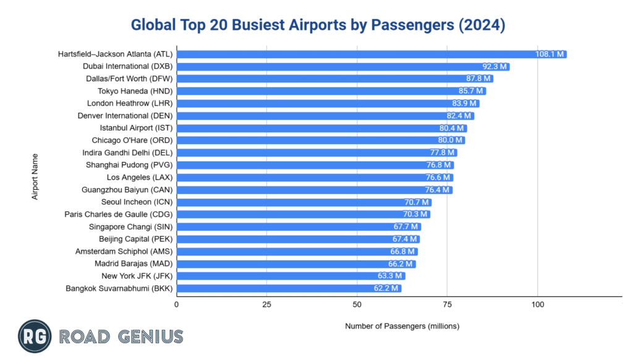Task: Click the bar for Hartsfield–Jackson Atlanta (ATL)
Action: [x=371, y=54]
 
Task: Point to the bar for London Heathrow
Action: [x=328, y=103]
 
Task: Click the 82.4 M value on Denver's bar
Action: [x=459, y=116]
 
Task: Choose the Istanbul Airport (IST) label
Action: [x=136, y=128]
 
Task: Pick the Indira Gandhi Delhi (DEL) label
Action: [x=127, y=153]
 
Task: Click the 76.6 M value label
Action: [x=438, y=178]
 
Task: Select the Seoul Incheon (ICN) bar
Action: [x=303, y=202]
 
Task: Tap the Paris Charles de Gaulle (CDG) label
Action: [x=119, y=215]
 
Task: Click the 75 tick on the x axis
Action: [x=448, y=305]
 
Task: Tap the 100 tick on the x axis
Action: [x=538, y=305]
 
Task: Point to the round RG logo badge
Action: [x=35, y=336]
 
